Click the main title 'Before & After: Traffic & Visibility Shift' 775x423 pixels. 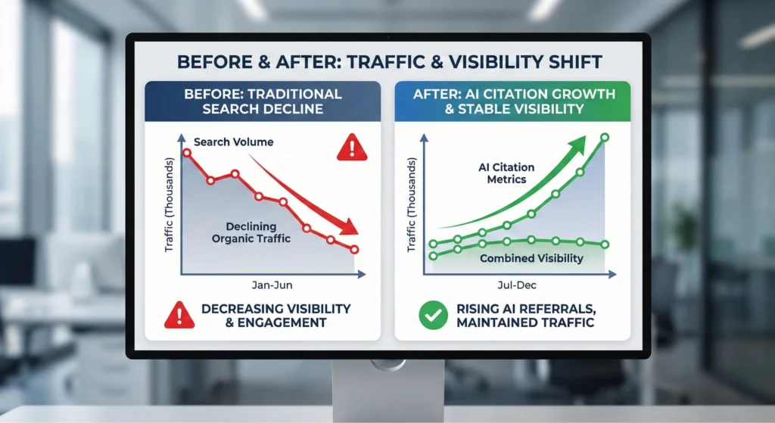(x=387, y=61)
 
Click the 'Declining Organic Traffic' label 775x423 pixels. (x=251, y=232)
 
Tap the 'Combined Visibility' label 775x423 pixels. (x=531, y=258)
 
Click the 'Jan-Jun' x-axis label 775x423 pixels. (x=272, y=285)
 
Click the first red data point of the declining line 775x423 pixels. (x=187, y=153)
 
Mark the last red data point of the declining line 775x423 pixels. (x=355, y=249)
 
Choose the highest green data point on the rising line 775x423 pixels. (x=604, y=138)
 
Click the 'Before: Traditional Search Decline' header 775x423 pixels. (x=264, y=101)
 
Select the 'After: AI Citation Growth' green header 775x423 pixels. (x=512, y=101)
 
